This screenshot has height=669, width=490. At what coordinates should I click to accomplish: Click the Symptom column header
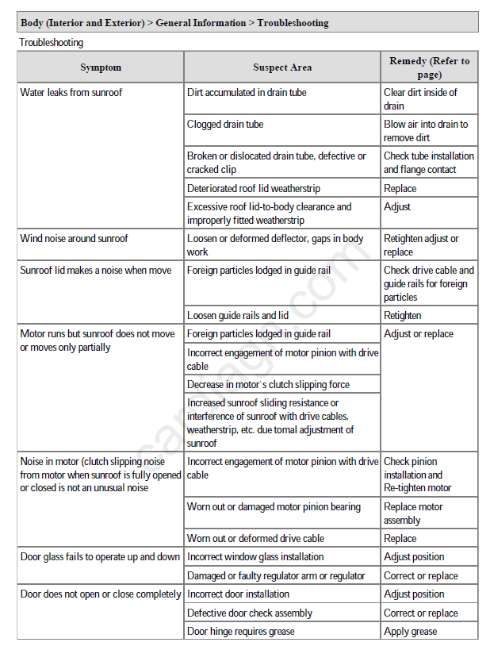point(101,67)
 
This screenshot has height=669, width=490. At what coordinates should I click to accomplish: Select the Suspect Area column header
point(282,67)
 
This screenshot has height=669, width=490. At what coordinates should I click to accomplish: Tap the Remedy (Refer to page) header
point(429,67)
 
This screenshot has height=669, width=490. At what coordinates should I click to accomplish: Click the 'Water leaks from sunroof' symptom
point(71,93)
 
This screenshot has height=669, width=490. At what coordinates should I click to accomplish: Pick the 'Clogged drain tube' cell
point(225,125)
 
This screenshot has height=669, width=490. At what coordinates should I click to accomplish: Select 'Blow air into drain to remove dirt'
point(426,131)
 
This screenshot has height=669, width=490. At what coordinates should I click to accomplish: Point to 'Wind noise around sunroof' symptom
point(74,239)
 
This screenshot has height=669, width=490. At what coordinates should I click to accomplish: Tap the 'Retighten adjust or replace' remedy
point(421,245)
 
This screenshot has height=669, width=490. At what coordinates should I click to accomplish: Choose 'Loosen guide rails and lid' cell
point(238,315)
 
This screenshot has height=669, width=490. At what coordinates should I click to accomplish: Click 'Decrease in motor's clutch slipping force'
point(268,385)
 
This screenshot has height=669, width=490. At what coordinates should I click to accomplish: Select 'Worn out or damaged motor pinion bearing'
point(274,507)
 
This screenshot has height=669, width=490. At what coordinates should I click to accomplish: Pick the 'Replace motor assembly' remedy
point(413,513)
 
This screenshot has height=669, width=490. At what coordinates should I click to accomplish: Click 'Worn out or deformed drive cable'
point(255,538)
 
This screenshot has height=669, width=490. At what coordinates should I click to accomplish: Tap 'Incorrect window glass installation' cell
point(255,557)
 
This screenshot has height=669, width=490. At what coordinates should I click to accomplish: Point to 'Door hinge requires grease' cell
point(240,632)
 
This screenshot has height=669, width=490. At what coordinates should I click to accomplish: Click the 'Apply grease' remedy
point(411,632)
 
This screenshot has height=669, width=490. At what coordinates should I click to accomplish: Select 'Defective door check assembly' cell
point(250,613)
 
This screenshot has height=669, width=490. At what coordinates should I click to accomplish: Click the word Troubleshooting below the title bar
point(51,43)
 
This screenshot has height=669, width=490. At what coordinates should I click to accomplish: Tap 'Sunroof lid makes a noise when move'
point(95,271)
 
